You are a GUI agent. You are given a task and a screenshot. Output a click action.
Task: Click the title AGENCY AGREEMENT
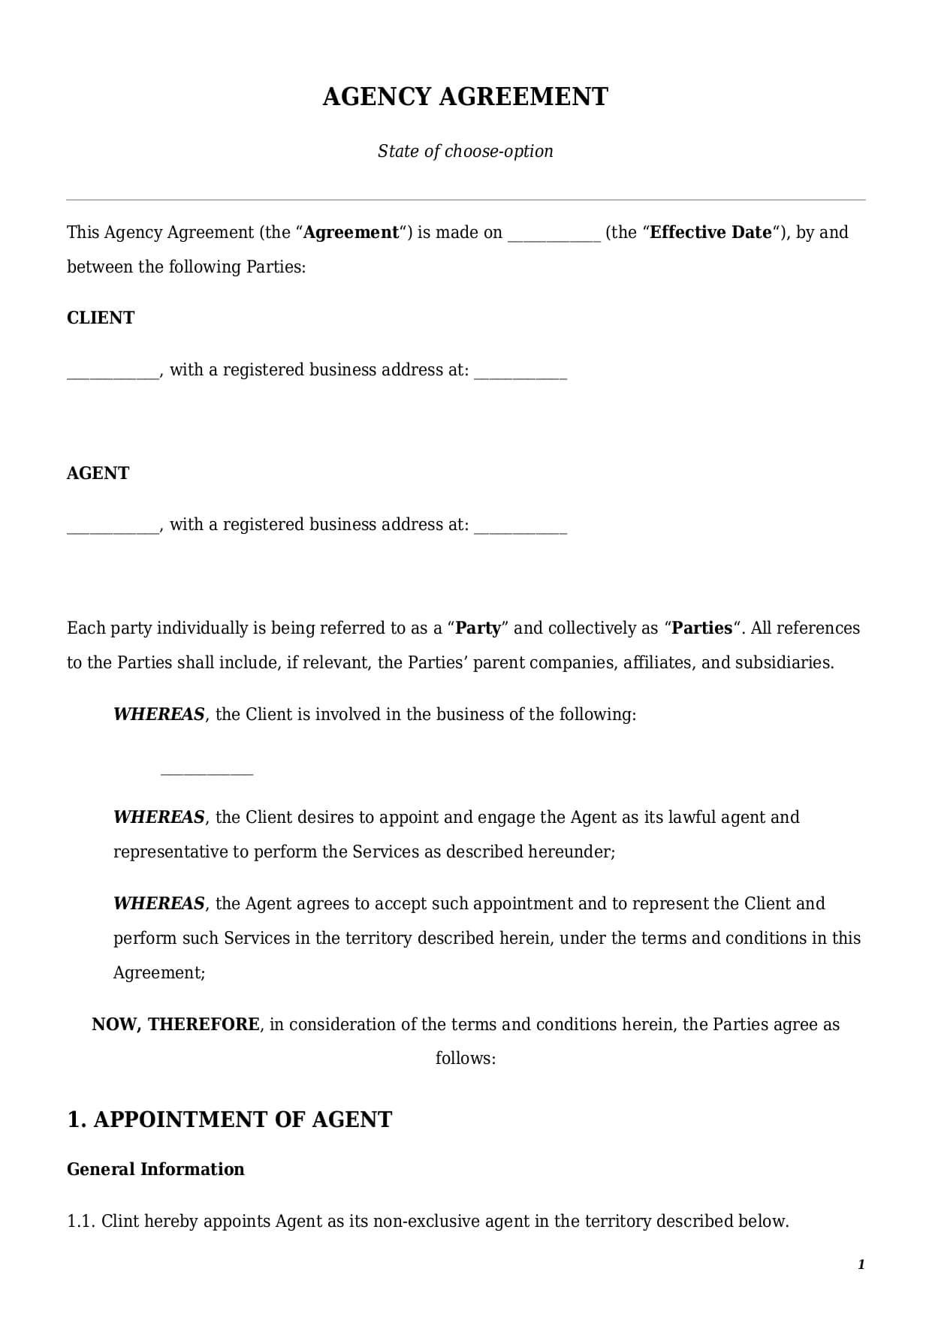point(465,97)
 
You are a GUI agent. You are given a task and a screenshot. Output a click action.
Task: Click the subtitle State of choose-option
point(465,151)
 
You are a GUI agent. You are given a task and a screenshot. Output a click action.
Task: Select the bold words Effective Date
point(710,233)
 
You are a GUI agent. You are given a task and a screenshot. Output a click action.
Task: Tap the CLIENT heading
point(101,318)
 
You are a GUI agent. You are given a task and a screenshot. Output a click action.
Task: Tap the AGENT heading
point(98,473)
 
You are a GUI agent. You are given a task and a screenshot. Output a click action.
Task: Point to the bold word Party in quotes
point(478,628)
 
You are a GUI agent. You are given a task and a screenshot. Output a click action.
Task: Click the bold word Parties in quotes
point(701,628)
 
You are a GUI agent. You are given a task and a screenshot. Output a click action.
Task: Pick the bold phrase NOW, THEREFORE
point(176,1024)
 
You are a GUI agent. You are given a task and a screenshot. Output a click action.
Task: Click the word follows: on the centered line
point(466,1059)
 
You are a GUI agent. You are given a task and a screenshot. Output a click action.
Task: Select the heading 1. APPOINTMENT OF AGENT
point(229,1120)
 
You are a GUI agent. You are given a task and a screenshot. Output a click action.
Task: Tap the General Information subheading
point(155,1169)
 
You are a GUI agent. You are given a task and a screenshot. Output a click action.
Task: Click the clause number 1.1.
point(80,1221)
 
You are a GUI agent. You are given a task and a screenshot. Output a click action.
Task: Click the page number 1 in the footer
point(861,1265)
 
